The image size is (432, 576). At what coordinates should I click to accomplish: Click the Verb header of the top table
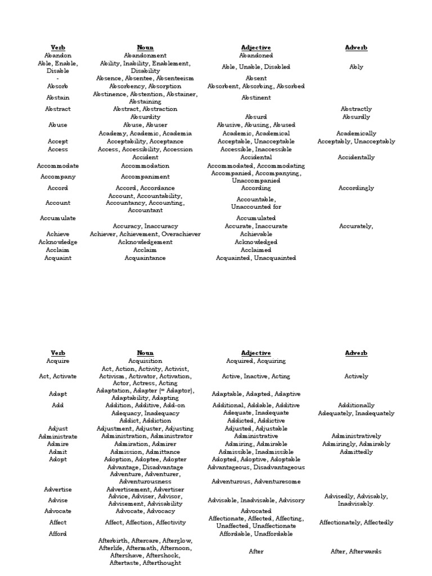pyautogui.click(x=58, y=48)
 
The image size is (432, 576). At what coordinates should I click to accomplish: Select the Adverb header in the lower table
pyautogui.click(x=356, y=353)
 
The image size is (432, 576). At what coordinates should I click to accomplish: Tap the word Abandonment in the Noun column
pyautogui.click(x=145, y=56)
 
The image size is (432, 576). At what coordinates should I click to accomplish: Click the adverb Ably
pyautogui.click(x=356, y=67)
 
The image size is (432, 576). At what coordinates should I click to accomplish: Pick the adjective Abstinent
pyautogui.click(x=255, y=98)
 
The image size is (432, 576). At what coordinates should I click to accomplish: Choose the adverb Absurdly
pyautogui.click(x=356, y=117)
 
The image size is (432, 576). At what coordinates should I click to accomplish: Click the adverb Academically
pyautogui.click(x=356, y=134)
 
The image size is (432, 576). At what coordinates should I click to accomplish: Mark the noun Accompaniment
pyautogui.click(x=145, y=177)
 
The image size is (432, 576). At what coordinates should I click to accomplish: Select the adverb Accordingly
pyautogui.click(x=356, y=188)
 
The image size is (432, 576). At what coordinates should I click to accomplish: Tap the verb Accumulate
pyautogui.click(x=58, y=218)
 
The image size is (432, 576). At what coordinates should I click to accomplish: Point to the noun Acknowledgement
pyautogui.click(x=145, y=242)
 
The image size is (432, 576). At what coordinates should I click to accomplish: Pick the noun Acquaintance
pyautogui.click(x=145, y=258)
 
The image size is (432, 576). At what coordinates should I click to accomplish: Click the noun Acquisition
pyautogui.click(x=145, y=361)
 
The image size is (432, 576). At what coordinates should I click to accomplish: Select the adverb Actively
pyautogui.click(x=356, y=376)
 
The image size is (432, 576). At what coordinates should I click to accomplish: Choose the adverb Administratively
pyautogui.click(x=356, y=436)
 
